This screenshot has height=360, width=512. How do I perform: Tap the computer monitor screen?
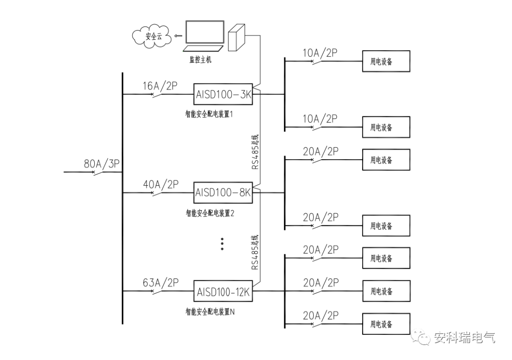pyautogui.click(x=205, y=32)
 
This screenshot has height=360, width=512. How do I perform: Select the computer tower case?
pyautogui.click(x=237, y=37)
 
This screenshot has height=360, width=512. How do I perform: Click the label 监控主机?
pyautogui.click(x=201, y=59)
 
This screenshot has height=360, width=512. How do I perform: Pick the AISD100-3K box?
pyautogui.click(x=223, y=94)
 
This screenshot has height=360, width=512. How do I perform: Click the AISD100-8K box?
pyautogui.click(x=223, y=193)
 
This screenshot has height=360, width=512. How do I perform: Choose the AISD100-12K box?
pyautogui.click(x=223, y=291)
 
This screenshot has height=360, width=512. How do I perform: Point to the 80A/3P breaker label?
pyautogui.click(x=102, y=163)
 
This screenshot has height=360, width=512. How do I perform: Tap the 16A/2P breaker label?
pyautogui.click(x=160, y=86)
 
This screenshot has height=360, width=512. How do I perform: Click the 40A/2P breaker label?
pyautogui.click(x=161, y=184)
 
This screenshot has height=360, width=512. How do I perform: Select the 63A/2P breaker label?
pyautogui.click(x=161, y=283)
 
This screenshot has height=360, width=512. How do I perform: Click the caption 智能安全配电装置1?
pyautogui.click(x=209, y=114)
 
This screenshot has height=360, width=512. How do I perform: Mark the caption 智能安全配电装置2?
pyautogui.click(x=210, y=213)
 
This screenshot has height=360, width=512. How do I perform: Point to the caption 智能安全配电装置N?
pyautogui.click(x=210, y=312)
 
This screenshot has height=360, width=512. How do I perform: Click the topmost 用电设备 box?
pyautogui.click(x=386, y=61)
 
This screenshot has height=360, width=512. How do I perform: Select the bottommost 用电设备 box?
pyautogui.click(x=386, y=324)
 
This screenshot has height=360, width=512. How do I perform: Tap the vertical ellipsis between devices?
pyautogui.click(x=222, y=244)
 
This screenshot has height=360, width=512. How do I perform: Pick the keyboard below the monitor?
pyautogui.click(x=203, y=49)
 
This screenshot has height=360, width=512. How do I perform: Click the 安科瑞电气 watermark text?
pyautogui.click(x=464, y=337)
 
